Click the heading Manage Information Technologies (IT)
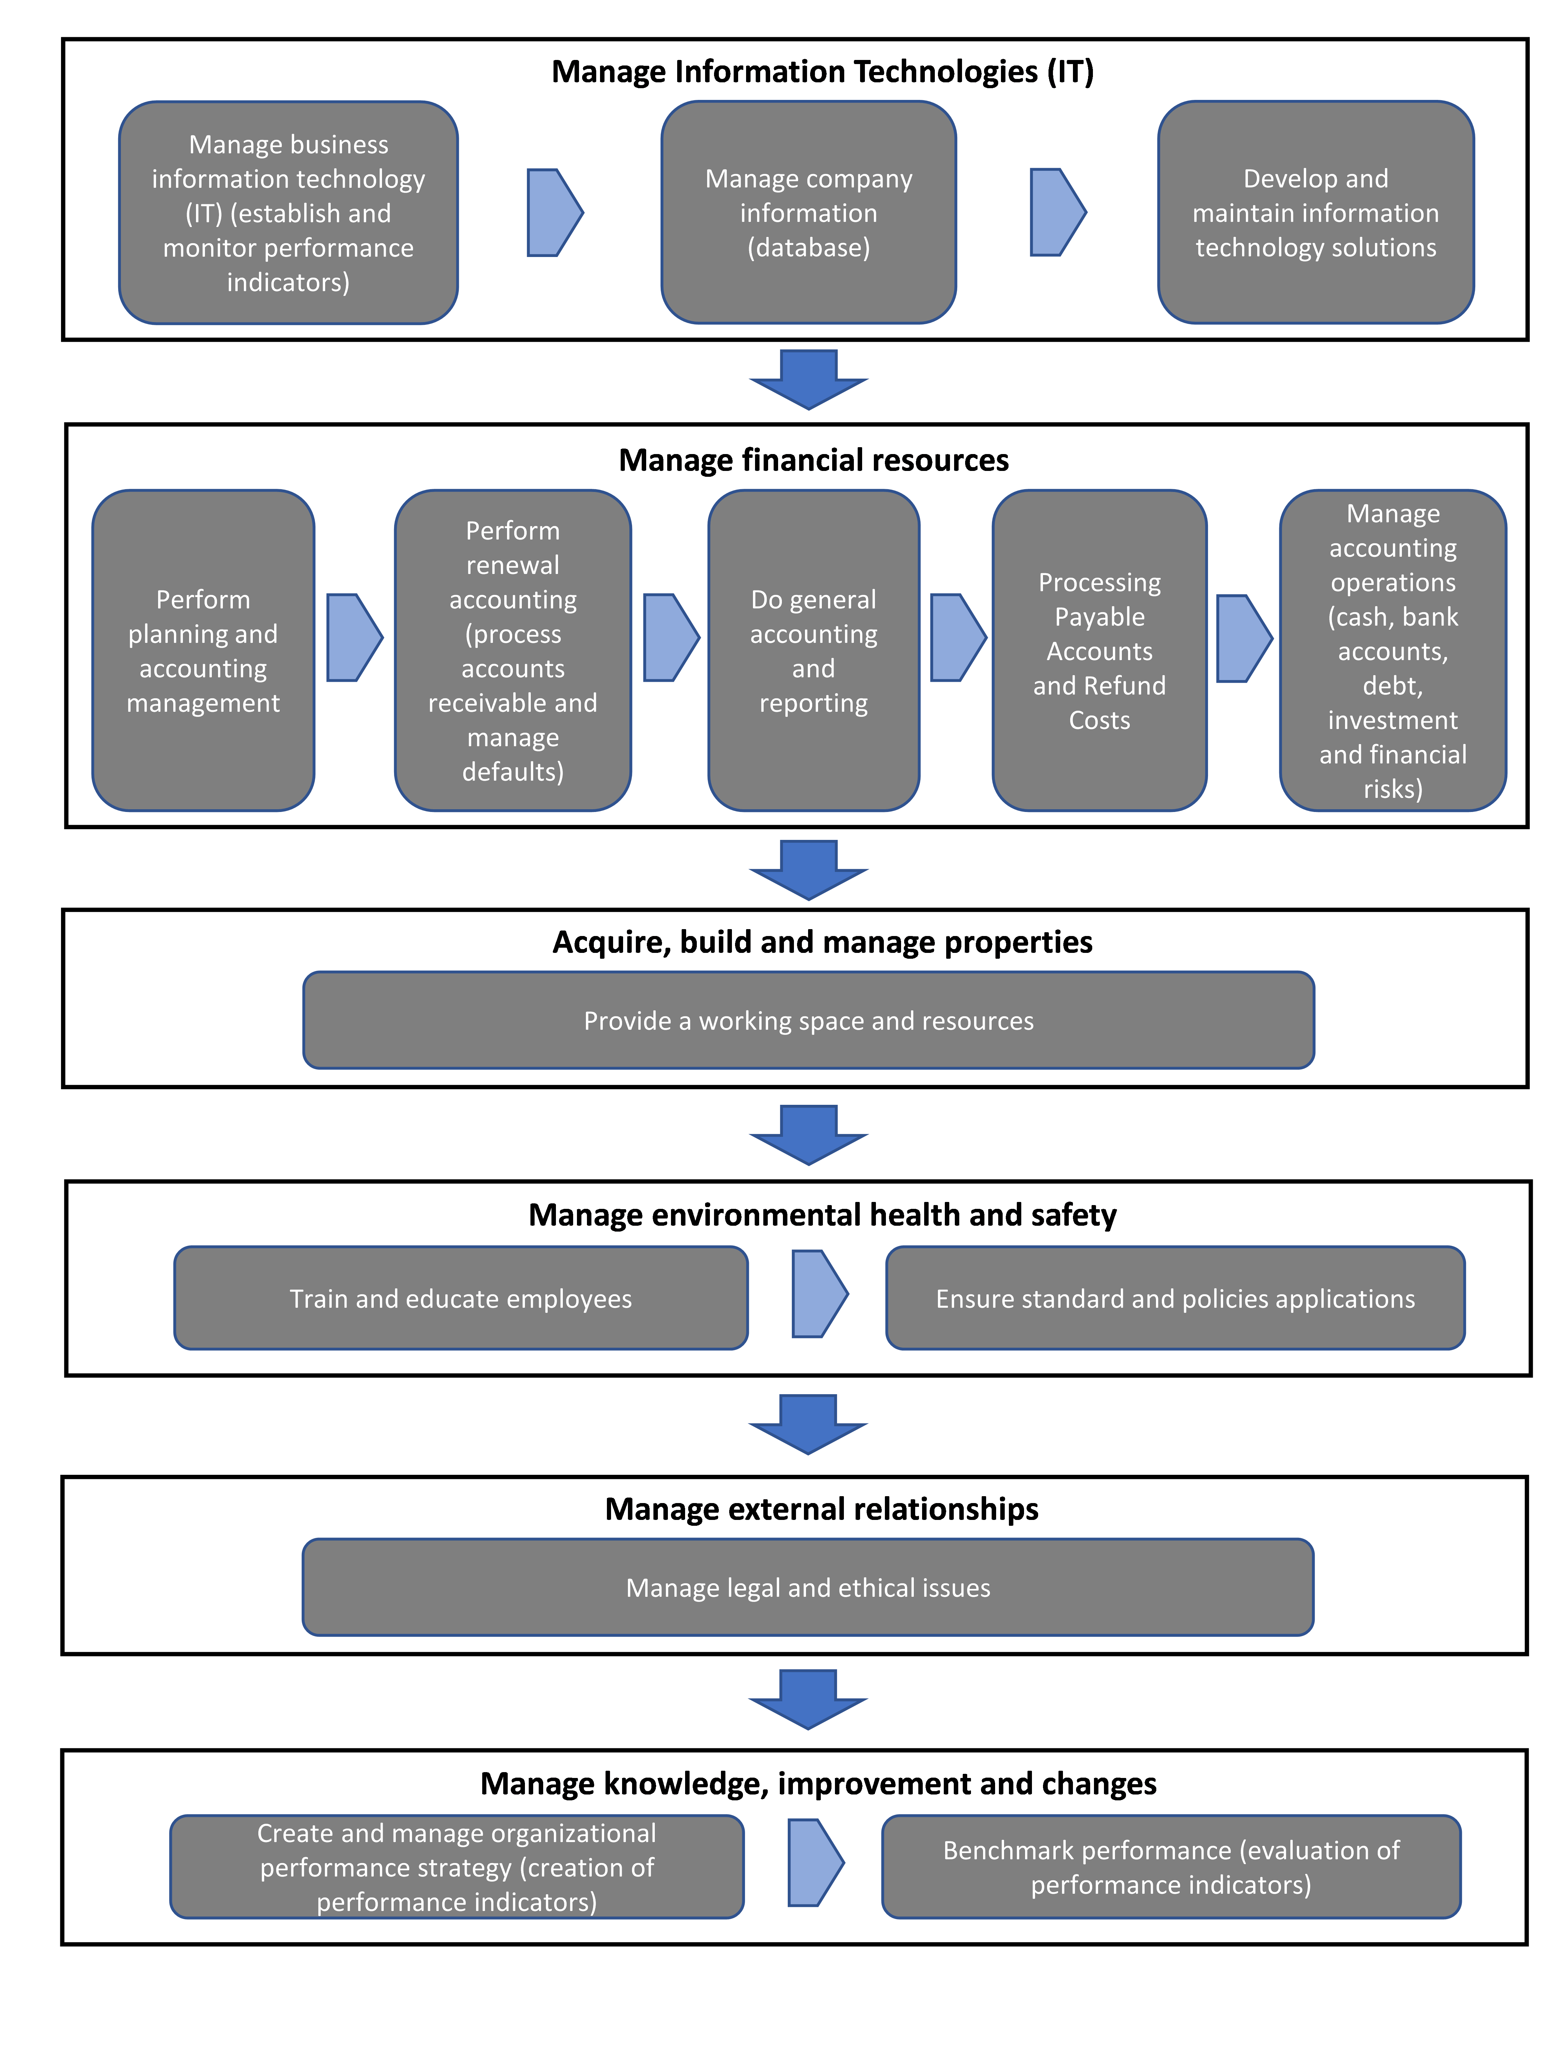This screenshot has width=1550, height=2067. point(822,72)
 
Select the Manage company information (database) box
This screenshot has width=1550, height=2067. point(808,213)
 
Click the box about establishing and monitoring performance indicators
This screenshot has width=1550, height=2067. point(288,213)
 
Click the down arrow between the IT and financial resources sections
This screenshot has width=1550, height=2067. point(808,379)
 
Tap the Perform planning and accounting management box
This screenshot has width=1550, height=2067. point(203,650)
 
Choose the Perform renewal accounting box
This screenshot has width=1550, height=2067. point(512,650)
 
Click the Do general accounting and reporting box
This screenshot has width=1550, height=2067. point(813,650)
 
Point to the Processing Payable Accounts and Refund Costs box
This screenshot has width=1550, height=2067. point(1099,650)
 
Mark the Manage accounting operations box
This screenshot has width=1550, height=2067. point(1392,650)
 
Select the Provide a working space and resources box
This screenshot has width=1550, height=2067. point(808,1020)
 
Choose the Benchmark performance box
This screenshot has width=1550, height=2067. point(1171,1867)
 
